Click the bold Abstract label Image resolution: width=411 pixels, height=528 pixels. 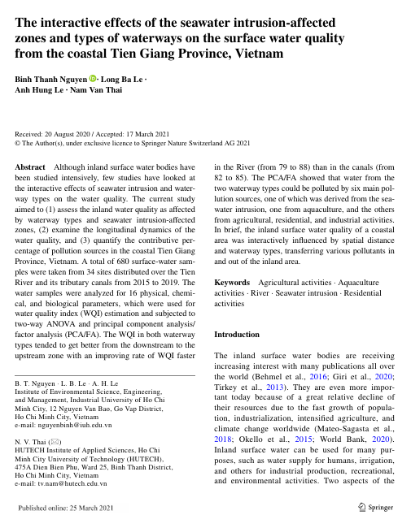pyautogui.click(x=31, y=165)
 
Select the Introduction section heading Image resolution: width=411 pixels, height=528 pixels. pyautogui.click(x=237, y=334)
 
